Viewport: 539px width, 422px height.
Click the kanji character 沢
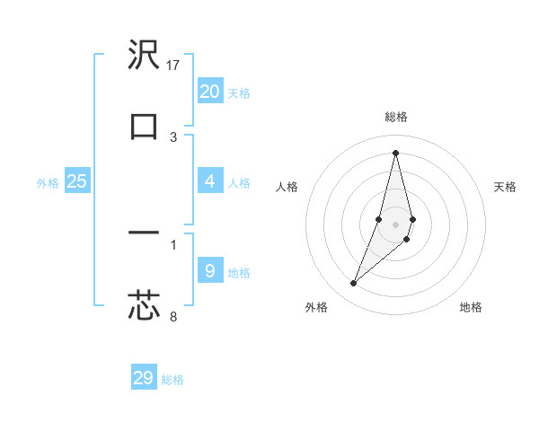click(144, 56)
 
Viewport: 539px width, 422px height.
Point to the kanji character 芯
click(144, 304)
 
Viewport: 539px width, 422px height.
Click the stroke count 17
click(174, 66)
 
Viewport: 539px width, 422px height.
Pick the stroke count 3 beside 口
click(173, 137)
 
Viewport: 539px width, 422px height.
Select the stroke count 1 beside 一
click(173, 244)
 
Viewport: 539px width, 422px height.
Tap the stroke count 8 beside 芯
click(173, 315)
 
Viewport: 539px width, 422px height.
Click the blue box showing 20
click(210, 91)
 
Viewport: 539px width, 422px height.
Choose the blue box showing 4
click(210, 180)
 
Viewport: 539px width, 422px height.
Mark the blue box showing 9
click(210, 269)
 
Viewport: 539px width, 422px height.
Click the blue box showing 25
click(77, 180)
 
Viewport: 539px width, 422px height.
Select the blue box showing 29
click(144, 378)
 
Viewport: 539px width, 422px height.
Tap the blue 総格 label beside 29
click(172, 380)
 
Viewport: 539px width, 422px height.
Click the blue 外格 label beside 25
click(48, 183)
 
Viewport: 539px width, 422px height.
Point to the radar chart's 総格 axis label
click(396, 117)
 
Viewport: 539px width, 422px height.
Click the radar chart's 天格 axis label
click(505, 187)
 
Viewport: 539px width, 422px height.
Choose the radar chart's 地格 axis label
click(471, 307)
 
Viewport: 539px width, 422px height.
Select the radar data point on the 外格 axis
click(354, 284)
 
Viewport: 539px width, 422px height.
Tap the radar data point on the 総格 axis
click(396, 152)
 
